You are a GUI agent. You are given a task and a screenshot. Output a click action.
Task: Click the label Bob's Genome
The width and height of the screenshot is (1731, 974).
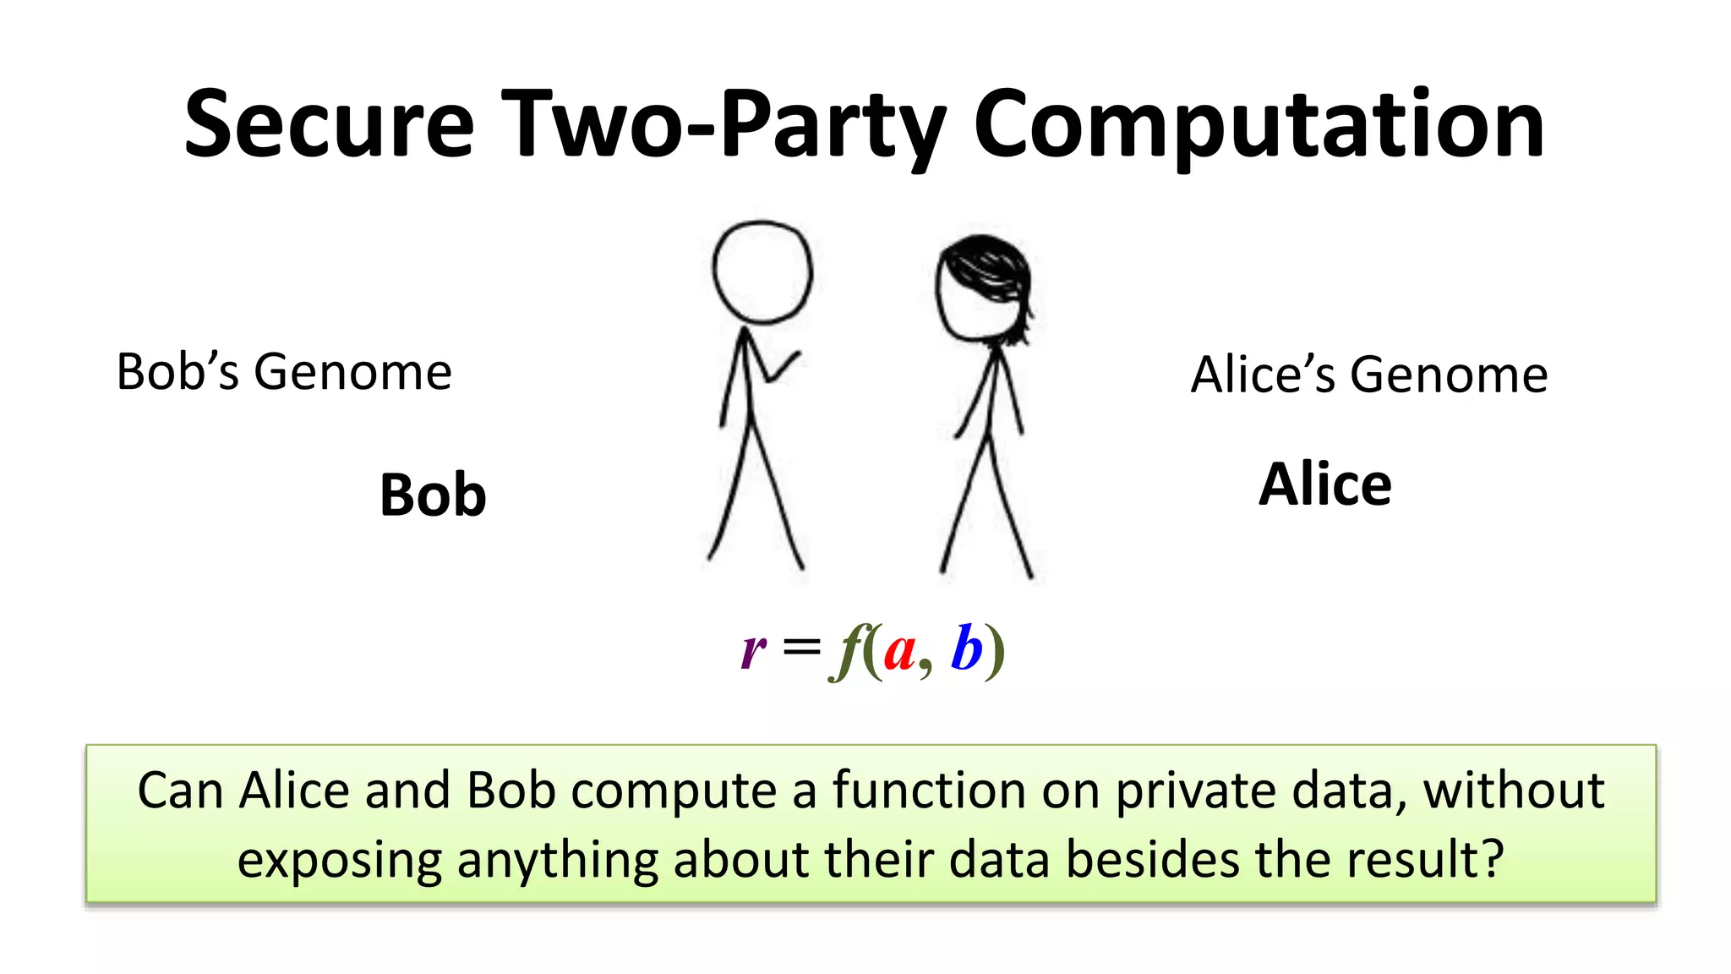tap(284, 372)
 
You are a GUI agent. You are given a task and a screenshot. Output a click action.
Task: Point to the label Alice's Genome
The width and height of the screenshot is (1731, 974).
tap(1369, 375)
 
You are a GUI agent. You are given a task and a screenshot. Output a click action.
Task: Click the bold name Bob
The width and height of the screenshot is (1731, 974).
tap(433, 495)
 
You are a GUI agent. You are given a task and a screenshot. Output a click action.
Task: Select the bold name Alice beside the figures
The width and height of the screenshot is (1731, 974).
tap(1324, 484)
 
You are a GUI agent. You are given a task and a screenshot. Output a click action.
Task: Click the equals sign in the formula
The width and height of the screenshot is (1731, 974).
tap(801, 648)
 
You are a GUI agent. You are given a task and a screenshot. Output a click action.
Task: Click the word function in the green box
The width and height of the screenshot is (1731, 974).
tap(928, 791)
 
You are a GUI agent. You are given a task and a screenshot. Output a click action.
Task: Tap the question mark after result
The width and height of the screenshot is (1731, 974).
tap(1493, 858)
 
